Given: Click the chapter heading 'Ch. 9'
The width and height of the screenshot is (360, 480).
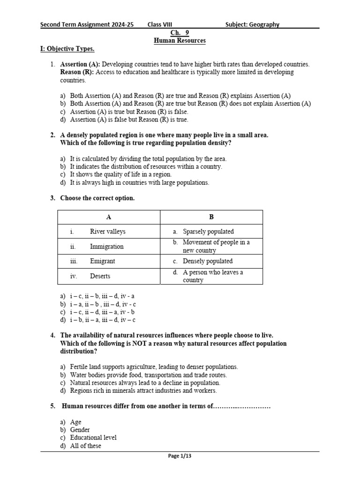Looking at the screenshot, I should coord(180,33).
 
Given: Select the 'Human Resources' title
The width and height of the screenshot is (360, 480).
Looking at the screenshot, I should coord(180,41).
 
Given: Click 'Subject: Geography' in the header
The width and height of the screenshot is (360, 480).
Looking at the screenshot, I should coord(252,24).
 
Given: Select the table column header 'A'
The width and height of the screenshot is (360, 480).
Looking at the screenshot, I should coord(109,217).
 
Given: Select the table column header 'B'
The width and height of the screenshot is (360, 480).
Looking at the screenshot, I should coord(211,217).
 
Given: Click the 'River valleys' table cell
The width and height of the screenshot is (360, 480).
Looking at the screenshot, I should coord(107,232).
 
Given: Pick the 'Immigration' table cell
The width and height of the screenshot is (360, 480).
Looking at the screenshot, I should coord(106,247).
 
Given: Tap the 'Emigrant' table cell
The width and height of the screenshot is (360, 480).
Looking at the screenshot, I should coord(102,261).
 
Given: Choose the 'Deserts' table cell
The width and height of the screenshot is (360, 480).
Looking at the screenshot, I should coord(100,276).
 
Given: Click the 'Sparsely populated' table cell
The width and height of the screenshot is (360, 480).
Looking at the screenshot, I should coord(208,232).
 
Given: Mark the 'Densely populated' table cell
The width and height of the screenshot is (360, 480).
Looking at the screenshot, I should coord(208,261).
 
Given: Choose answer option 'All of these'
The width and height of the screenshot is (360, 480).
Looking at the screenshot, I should coord(85,446).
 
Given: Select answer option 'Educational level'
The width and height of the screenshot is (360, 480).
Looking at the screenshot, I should coord(93,438).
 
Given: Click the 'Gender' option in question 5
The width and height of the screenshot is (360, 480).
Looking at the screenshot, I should coord(80,430).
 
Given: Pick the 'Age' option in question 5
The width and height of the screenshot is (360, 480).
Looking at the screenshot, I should coord(75,422).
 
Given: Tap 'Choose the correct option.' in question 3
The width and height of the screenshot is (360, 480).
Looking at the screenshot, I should coord(97,198).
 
